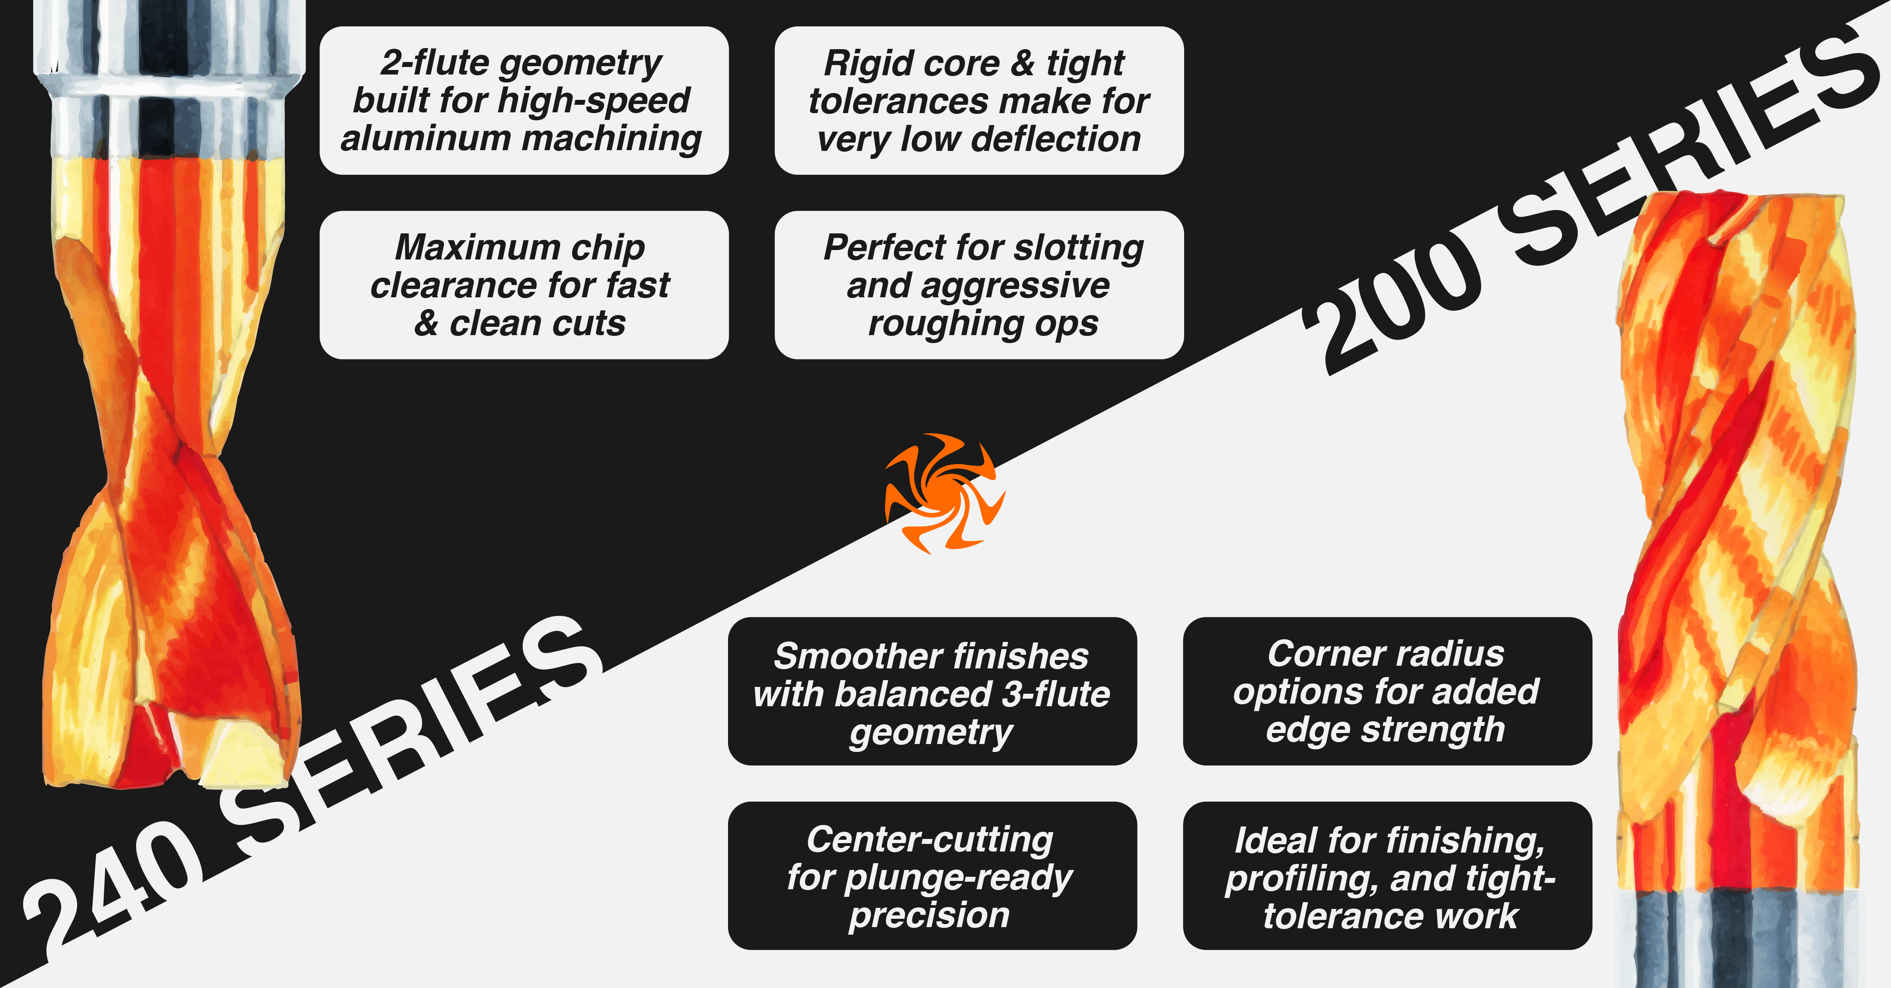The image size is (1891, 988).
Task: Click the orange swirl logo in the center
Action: (x=945, y=493)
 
